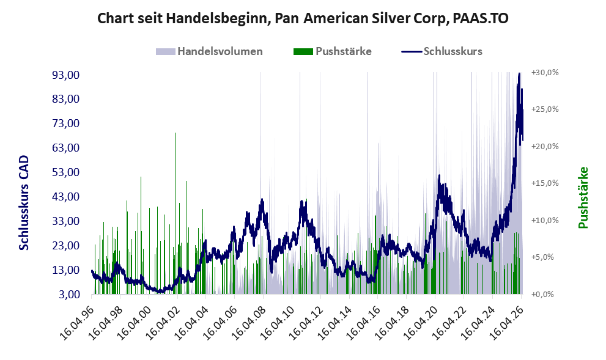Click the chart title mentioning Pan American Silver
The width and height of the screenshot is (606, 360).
(x=303, y=18)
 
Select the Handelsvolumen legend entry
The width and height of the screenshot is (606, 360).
(x=209, y=51)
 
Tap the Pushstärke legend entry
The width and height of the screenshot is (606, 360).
(x=333, y=51)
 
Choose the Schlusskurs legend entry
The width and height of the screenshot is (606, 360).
(x=442, y=51)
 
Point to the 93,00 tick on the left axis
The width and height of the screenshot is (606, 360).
(x=65, y=75)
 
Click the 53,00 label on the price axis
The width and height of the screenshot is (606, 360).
(x=65, y=172)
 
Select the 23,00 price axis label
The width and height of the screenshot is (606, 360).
(x=65, y=246)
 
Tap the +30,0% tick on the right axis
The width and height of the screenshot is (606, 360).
(x=545, y=73)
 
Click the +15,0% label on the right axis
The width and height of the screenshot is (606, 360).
(x=545, y=183)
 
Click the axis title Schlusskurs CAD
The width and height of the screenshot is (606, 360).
(x=24, y=202)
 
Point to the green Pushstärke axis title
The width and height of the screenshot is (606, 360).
(x=583, y=197)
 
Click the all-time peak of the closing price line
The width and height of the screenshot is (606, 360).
(x=519, y=73)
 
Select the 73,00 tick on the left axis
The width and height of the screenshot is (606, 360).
(x=65, y=123)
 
